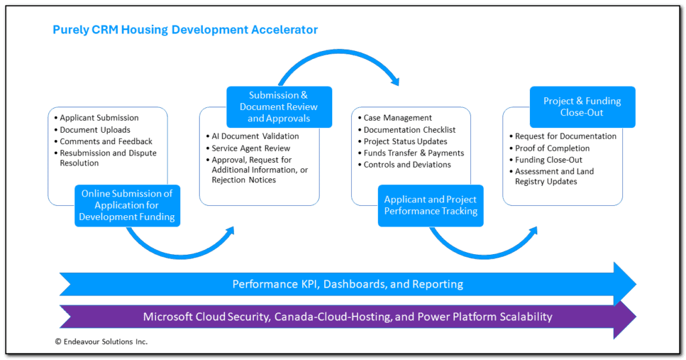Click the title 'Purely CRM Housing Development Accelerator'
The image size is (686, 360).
(185, 29)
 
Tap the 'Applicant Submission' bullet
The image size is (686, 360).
(99, 118)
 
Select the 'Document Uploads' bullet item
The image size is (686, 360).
(95, 130)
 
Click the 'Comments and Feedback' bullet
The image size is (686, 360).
(106, 141)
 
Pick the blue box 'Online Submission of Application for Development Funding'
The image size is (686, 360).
(127, 205)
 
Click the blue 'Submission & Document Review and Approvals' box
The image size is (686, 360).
(279, 107)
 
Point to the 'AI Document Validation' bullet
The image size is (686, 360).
(255, 136)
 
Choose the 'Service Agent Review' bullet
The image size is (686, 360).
(251, 148)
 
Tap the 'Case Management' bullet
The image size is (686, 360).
(398, 118)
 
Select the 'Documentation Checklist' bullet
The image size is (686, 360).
(409, 130)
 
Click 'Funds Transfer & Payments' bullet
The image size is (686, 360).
(413, 153)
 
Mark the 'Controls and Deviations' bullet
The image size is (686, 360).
(407, 165)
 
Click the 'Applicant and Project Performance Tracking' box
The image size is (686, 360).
(431, 205)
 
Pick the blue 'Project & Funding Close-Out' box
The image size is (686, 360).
(582, 107)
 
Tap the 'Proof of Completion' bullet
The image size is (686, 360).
(552, 148)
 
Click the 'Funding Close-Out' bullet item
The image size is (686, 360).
(549, 160)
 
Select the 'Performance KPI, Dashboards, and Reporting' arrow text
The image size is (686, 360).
(348, 284)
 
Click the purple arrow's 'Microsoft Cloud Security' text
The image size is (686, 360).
(206, 316)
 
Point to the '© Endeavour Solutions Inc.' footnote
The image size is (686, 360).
(101, 342)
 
